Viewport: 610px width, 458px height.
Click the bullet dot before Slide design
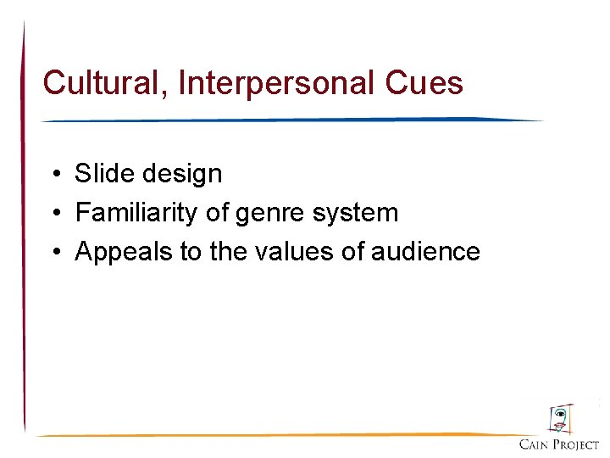tap(53, 175)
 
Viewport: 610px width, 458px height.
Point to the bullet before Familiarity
tap(53, 213)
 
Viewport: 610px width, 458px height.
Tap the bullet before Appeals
tap(53, 252)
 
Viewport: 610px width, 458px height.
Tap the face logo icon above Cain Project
tap(559, 420)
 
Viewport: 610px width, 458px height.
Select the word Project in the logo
tap(577, 444)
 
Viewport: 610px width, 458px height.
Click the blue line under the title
tap(292, 120)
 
